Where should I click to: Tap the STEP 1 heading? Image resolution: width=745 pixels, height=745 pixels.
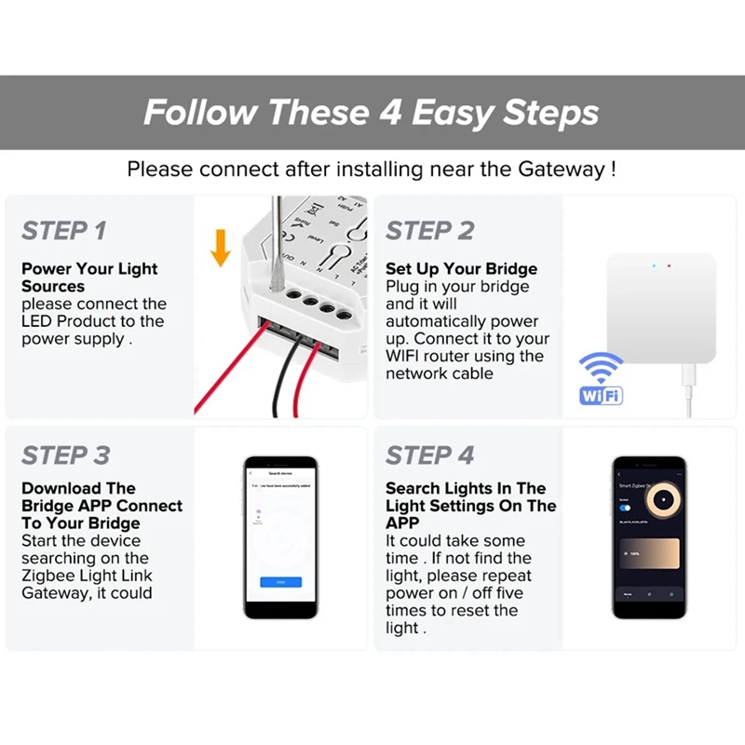coord(64,231)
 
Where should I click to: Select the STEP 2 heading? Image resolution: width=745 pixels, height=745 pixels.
coord(430,231)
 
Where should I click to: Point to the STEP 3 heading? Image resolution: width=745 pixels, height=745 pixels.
coord(66,455)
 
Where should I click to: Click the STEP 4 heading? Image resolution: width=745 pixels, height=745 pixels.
coord(430,455)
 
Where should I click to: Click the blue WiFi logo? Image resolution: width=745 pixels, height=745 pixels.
coord(601,380)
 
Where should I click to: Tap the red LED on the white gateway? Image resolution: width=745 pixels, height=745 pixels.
coord(669,266)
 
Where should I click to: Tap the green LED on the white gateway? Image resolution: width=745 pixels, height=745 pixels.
coord(654,266)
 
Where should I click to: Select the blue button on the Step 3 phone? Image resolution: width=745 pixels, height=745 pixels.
coord(280,582)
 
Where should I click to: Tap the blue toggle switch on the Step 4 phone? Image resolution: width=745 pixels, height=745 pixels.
coord(625,508)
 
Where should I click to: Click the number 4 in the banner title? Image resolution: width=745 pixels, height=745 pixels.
coord(391,113)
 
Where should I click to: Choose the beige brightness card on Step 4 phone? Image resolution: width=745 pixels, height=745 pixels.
coord(648,555)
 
